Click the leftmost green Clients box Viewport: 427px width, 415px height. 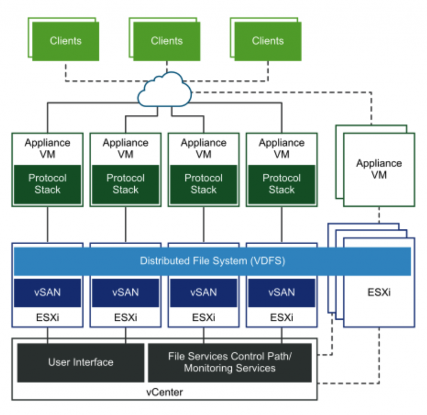(x=65, y=41)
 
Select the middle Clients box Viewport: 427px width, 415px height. (x=166, y=41)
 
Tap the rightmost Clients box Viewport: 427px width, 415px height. (x=267, y=41)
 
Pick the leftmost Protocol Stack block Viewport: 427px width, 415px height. (x=47, y=184)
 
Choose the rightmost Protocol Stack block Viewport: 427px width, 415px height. (x=281, y=184)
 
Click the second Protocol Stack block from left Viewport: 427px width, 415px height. (x=125, y=184)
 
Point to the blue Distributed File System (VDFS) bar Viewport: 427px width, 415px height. (x=212, y=261)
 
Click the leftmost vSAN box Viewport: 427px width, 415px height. (x=47, y=292)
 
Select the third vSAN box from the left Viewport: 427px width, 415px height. (x=203, y=292)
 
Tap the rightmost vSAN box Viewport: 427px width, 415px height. (x=281, y=292)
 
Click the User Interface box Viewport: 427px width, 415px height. (x=80, y=362)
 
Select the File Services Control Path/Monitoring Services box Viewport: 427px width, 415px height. (x=230, y=362)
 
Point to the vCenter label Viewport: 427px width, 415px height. (x=164, y=392)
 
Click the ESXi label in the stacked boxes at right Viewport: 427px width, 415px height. (x=379, y=292)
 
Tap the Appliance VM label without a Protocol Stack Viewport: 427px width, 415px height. (x=379, y=169)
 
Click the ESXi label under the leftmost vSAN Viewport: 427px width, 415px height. (x=47, y=317)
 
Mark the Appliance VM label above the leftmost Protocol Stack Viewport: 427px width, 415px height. (x=47, y=148)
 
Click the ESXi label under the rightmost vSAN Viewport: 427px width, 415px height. (x=281, y=317)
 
